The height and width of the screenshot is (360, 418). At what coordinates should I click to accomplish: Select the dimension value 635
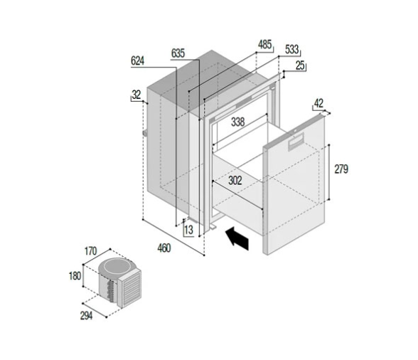[x=178, y=53]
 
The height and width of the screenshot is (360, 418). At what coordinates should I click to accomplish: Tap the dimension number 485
[x=264, y=45]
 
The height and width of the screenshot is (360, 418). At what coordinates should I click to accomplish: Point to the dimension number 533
[x=291, y=50]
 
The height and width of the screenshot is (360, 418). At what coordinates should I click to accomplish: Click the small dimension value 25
[x=299, y=65]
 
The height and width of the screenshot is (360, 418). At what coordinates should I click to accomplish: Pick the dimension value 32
[x=136, y=94]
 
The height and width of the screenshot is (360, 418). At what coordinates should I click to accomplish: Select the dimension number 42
[x=320, y=104]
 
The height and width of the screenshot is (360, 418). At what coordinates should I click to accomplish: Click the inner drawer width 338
[x=238, y=122]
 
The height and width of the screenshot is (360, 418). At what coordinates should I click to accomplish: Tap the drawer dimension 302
[x=235, y=181]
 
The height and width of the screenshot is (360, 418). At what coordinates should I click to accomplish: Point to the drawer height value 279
[x=342, y=169]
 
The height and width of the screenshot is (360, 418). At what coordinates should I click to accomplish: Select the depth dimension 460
[x=164, y=247]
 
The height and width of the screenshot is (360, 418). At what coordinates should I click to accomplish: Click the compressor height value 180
[x=75, y=276]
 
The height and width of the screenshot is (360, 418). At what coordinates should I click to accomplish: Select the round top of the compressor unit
[x=114, y=268]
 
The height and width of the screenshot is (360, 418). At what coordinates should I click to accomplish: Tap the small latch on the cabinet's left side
[x=144, y=133]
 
